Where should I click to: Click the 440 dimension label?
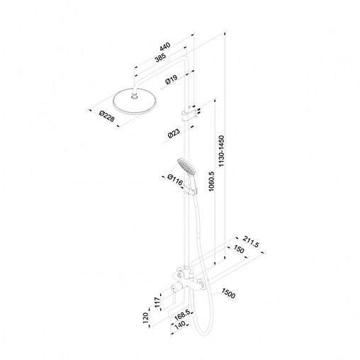(x=165, y=46)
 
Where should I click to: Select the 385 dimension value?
(x=161, y=57)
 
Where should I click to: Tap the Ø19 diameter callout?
(x=171, y=79)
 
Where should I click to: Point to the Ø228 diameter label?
(x=107, y=116)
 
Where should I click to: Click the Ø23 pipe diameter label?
(x=174, y=133)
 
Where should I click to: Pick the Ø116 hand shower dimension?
(x=175, y=179)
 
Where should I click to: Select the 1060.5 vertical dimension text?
(x=211, y=181)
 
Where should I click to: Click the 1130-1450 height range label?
(x=222, y=151)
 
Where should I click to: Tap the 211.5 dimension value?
(x=251, y=242)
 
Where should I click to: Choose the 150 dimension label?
(x=239, y=249)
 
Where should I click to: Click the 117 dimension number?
(x=157, y=303)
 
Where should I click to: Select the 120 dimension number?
(x=145, y=317)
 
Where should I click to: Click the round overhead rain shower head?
(x=135, y=101)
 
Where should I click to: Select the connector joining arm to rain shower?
(x=135, y=96)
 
